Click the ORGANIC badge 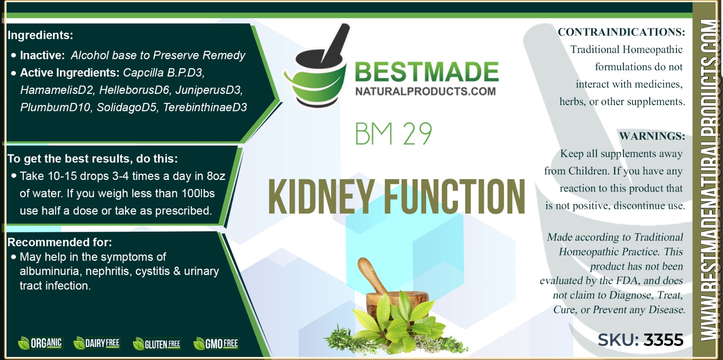click(40, 343)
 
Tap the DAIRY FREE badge click(96, 343)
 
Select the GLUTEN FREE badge click(157, 344)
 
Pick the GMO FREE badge click(216, 343)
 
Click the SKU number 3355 click(664, 340)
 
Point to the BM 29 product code click(393, 133)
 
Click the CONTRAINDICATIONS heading click(621, 32)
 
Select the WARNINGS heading click(652, 136)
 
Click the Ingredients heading click(40, 35)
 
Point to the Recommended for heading click(60, 242)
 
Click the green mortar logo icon click(316, 66)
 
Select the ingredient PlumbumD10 click(55, 107)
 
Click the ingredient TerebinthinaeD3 click(205, 107)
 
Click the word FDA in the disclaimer click(627, 281)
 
